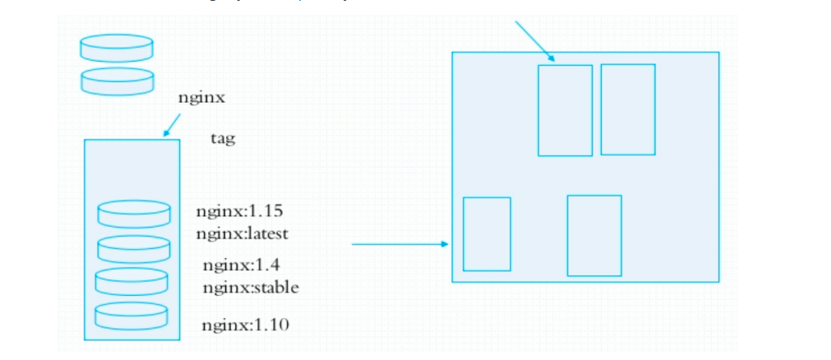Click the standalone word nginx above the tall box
[x=201, y=98]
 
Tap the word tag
[x=223, y=138]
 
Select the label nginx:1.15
[x=239, y=211]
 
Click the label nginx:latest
[x=242, y=233]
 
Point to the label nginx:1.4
[x=237, y=265]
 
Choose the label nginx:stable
[x=251, y=287]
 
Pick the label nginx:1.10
[x=245, y=324]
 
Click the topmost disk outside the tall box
[x=117, y=47]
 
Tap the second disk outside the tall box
[x=117, y=80]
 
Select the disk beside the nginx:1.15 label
[x=133, y=214]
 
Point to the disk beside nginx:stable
[x=132, y=281]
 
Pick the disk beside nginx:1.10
[x=132, y=316]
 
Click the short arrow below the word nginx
[x=172, y=125]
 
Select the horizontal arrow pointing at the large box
[x=399, y=244]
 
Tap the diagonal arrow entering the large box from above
[x=534, y=39]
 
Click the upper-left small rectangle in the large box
[x=565, y=110]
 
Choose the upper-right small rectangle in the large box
[x=628, y=109]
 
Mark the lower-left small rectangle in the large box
[x=487, y=234]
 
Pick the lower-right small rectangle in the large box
[x=594, y=235]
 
